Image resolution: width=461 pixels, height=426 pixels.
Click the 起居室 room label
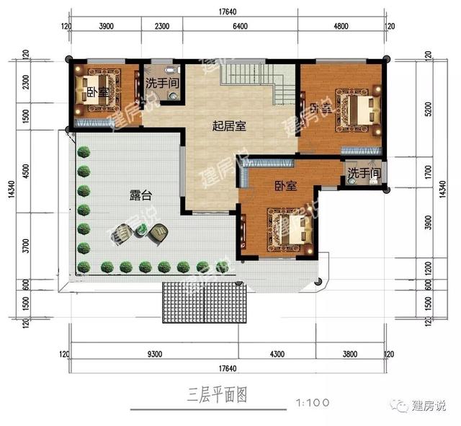click(x=229, y=126)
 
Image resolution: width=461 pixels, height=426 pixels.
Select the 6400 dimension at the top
click(x=240, y=26)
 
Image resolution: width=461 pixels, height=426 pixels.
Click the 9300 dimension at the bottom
click(x=154, y=355)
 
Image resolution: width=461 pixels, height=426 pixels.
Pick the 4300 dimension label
click(x=279, y=355)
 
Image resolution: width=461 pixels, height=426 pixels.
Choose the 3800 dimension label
click(x=350, y=355)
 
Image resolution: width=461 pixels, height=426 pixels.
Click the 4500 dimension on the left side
click(x=25, y=174)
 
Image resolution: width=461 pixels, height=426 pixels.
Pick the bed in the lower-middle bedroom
click(x=290, y=230)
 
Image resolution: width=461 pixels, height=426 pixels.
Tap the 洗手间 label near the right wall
click(x=364, y=174)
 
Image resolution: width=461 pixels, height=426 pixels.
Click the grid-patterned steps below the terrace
click(x=204, y=303)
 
